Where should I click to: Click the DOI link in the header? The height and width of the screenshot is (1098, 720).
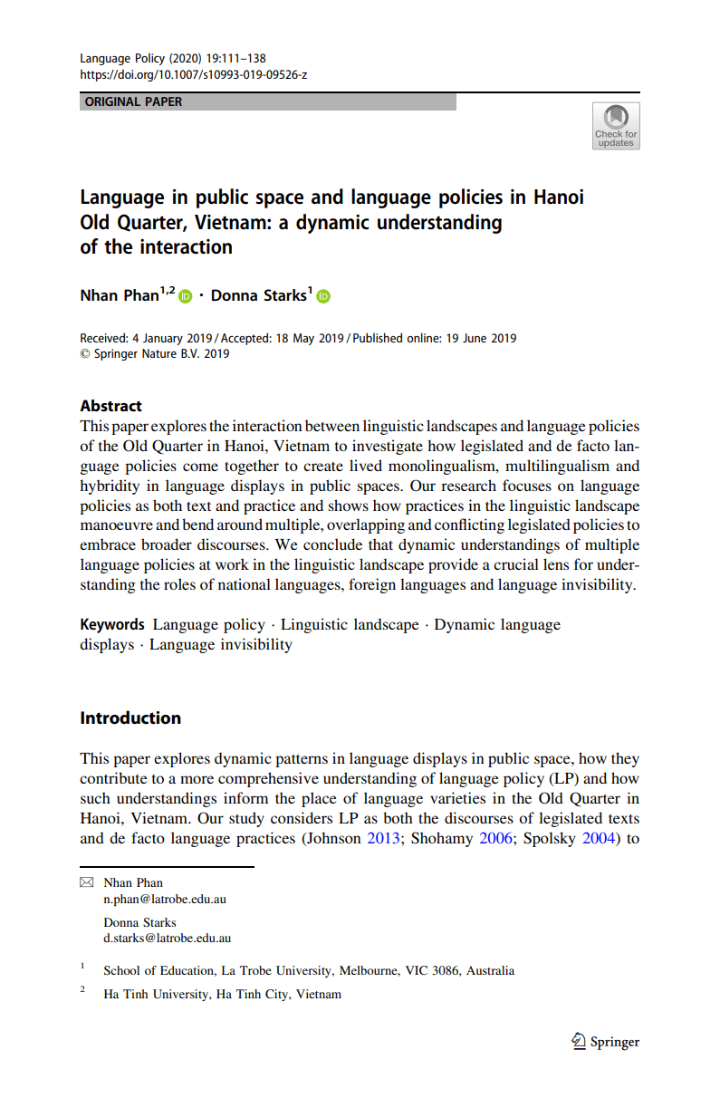coord(194,74)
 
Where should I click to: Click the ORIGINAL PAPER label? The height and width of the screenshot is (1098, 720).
coord(133,101)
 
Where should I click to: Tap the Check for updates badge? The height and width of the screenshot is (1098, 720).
coord(616,125)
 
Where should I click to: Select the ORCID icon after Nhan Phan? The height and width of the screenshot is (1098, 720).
coord(186,296)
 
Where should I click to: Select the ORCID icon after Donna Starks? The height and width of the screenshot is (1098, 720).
coord(323,296)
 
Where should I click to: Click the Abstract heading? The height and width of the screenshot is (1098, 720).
coord(110,406)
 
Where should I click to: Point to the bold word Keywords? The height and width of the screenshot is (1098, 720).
coord(112,624)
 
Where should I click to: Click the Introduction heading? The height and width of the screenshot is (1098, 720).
coord(130,718)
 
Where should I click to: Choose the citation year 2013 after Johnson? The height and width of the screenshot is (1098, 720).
coord(382,838)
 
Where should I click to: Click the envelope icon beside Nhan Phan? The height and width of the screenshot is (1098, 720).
coord(87,882)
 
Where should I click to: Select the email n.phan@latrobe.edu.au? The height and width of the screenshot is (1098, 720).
coord(165,899)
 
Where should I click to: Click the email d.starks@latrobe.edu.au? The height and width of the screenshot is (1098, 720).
coord(168,939)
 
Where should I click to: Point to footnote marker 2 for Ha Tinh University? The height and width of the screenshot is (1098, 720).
coord(82,991)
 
